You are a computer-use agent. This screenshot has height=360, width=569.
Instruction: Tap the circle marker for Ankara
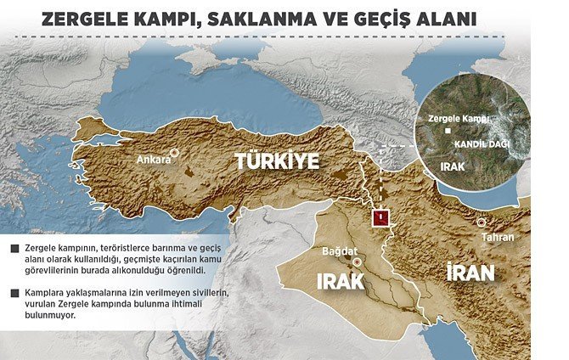coord(174,154)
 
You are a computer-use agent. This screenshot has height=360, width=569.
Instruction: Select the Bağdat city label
coord(341,252)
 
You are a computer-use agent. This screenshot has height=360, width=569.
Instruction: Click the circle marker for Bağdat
coord(358,263)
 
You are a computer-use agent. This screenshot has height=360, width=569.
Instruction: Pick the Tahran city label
coord(498,237)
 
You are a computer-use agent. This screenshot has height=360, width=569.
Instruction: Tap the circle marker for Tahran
coord(482,222)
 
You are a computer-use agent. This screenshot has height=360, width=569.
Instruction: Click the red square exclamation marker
coord(383,218)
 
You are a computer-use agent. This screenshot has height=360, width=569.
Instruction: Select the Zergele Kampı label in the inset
coord(459,119)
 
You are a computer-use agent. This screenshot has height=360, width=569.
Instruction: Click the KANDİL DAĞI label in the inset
coord(482,144)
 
